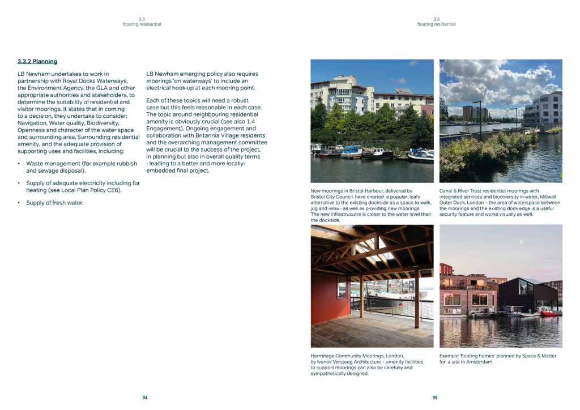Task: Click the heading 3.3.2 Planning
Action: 37,61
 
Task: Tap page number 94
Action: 145,398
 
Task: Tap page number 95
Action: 435,398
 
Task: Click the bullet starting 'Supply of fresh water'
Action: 54,203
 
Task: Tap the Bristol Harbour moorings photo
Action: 372,121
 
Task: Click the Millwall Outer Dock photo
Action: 501,121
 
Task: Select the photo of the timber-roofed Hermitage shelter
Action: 372,285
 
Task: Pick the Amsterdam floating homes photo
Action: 501,285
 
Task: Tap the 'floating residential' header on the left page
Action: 142,24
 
